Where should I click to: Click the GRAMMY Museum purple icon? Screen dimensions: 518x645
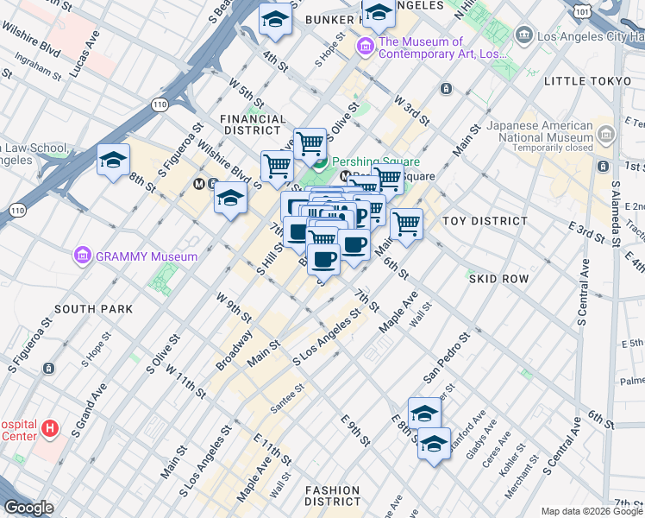(x=83, y=256)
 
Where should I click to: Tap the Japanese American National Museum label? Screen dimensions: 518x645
(x=541, y=133)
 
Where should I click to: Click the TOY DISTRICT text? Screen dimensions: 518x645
(x=484, y=221)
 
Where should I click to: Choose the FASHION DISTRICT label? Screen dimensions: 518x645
(x=332, y=496)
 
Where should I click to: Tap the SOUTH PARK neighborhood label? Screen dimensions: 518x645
(x=93, y=308)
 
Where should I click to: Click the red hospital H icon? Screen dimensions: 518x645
(x=50, y=427)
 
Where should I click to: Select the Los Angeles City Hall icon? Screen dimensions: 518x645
(x=523, y=35)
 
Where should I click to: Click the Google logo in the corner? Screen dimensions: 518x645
(x=28, y=508)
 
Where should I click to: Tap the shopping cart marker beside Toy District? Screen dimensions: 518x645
(x=405, y=224)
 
